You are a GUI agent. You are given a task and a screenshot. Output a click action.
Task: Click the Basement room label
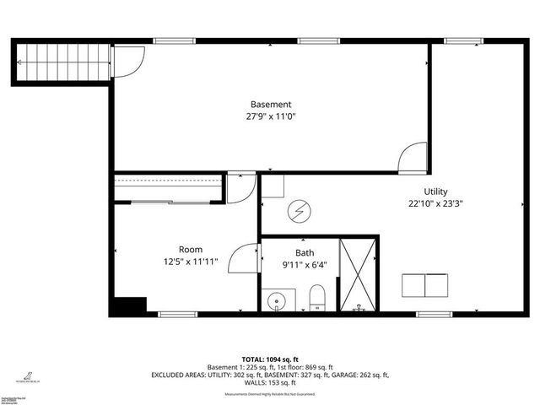click(271, 105)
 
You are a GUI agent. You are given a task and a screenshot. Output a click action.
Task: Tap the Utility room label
click(435, 192)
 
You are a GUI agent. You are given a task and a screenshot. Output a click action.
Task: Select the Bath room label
click(305, 253)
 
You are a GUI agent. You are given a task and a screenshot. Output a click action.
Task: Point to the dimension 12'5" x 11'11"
click(190, 262)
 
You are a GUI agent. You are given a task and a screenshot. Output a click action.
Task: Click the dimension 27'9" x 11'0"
click(271, 117)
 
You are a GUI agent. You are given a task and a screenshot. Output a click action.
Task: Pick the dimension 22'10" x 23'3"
click(435, 203)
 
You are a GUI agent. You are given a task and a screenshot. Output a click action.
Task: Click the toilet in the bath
click(317, 298)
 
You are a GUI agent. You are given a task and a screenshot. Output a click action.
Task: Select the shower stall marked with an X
click(357, 275)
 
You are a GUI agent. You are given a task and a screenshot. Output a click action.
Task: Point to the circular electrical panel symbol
click(298, 212)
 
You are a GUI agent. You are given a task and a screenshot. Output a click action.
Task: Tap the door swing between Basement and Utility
click(413, 157)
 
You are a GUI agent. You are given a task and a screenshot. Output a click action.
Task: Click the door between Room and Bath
click(245, 256)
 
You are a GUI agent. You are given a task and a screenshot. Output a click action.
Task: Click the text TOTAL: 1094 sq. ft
click(270, 359)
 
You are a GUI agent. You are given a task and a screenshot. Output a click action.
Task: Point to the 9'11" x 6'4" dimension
click(305, 265)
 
